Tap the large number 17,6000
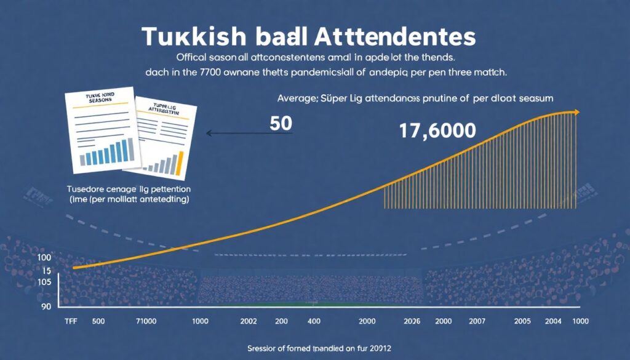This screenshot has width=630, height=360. pos(437,130)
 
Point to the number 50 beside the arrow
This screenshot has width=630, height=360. pos(281,123)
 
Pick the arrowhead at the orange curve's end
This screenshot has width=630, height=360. pos(576,112)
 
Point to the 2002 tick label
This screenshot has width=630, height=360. pos(249,322)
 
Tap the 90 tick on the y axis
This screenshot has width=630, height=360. pos(46,305)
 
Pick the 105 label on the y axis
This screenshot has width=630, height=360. pos(44,282)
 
